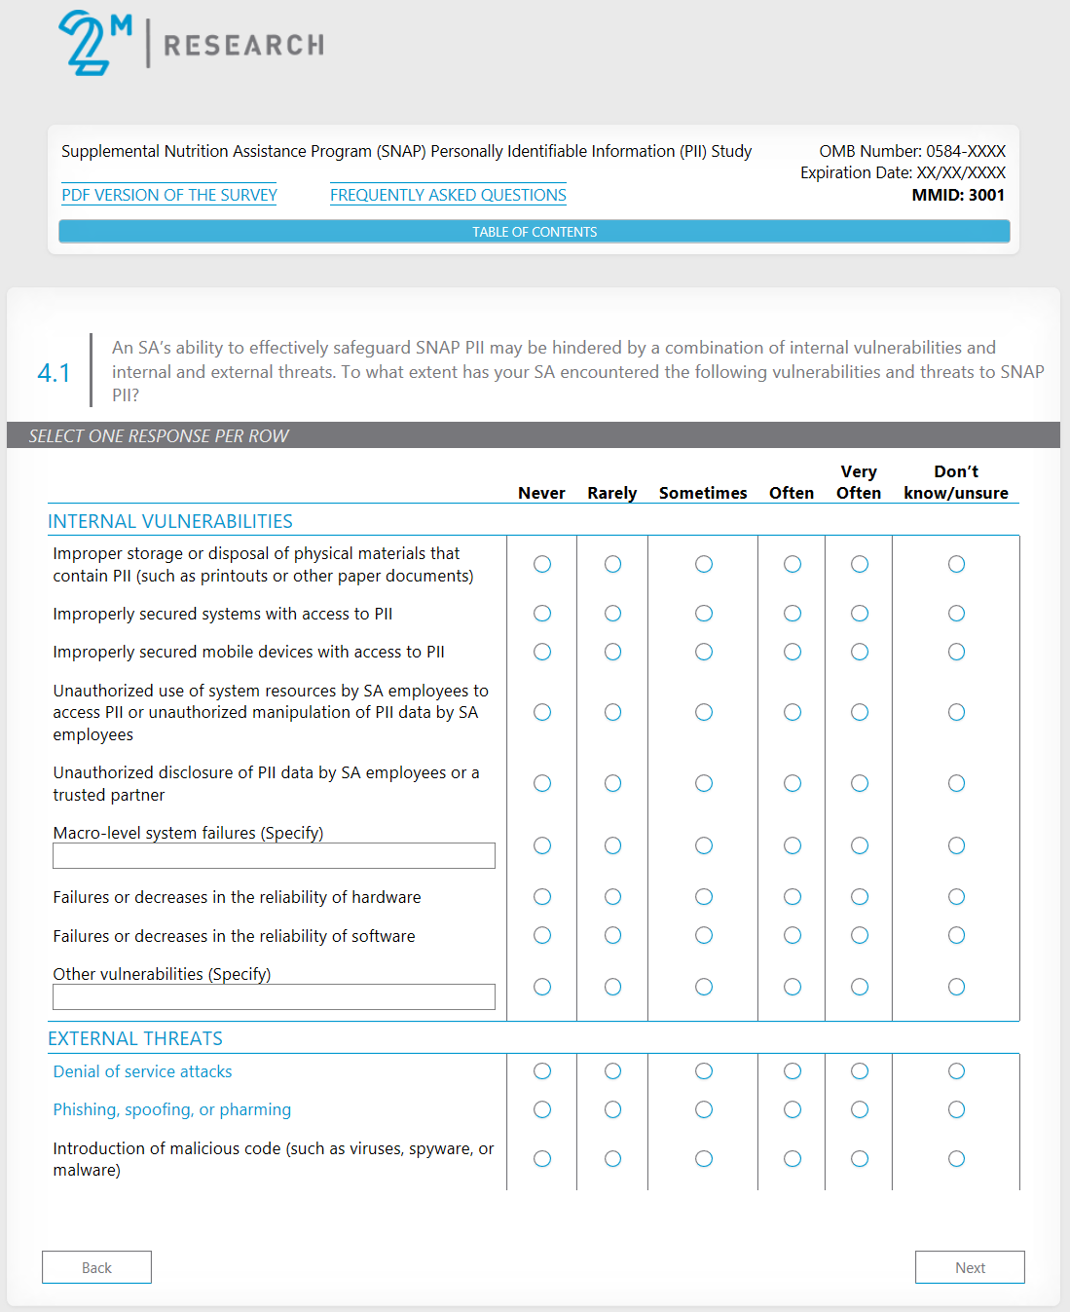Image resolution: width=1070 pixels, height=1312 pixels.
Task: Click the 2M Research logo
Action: coord(191,43)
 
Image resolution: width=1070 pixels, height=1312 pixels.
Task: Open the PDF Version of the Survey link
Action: coord(169,195)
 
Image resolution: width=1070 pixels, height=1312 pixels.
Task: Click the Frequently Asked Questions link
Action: coord(448,195)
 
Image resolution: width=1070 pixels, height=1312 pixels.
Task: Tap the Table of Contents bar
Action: coord(535,232)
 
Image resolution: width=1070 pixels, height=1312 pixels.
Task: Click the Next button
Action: coord(970,1267)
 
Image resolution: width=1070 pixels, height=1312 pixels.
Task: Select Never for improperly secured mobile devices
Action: coord(542,652)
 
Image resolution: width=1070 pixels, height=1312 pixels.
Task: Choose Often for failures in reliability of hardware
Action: coord(793,897)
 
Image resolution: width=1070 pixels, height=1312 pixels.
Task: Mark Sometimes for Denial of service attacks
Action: coord(704,1071)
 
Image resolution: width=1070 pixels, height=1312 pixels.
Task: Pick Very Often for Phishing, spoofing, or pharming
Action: coord(860,1109)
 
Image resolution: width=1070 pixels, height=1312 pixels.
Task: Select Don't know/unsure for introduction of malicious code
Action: coord(957,1158)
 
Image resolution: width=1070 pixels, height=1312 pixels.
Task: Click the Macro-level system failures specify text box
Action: coord(274,855)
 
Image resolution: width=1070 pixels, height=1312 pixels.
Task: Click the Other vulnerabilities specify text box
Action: coord(274,996)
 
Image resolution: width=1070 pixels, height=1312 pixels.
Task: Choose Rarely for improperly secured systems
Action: coord(612,614)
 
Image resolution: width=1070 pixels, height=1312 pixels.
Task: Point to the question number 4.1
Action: coord(54,373)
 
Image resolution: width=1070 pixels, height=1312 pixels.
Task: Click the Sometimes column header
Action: coord(703,493)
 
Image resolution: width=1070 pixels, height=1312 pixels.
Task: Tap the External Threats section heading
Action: coord(135,1038)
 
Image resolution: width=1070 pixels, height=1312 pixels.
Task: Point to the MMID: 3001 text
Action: coord(958,195)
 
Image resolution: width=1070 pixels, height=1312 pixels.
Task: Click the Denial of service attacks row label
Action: coord(142,1071)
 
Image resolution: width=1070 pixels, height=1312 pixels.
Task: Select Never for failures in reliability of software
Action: coord(542,935)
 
